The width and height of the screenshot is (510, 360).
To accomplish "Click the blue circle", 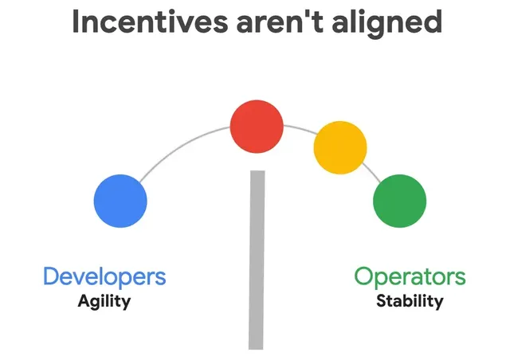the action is pyautogui.click(x=120, y=201).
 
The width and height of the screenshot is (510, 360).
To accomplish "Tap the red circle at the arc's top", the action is pyautogui.click(x=257, y=127).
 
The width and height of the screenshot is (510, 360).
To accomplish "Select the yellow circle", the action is pyautogui.click(x=340, y=147).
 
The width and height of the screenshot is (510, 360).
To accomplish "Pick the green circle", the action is pyautogui.click(x=399, y=201).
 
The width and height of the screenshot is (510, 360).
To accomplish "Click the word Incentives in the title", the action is pyautogui.click(x=150, y=22).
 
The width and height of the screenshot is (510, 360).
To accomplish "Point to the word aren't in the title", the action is pyautogui.click(x=280, y=22).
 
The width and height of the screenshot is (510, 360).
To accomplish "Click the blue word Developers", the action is pyautogui.click(x=104, y=277).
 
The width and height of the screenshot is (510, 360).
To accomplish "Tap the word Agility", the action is pyautogui.click(x=104, y=302).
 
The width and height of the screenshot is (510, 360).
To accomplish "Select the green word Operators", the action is pyautogui.click(x=410, y=277).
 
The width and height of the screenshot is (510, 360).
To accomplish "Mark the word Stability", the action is pyautogui.click(x=410, y=301).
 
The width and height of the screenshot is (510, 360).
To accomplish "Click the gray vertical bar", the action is pyautogui.click(x=257, y=260).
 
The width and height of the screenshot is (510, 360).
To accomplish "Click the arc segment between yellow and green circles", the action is pyautogui.click(x=371, y=172).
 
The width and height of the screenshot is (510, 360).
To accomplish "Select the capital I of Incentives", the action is pyautogui.click(x=76, y=22).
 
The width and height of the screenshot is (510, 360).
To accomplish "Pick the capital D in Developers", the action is pyautogui.click(x=51, y=276).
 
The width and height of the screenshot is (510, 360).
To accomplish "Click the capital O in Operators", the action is pyautogui.click(x=363, y=276).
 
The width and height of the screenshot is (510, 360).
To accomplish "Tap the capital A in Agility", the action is pyautogui.click(x=84, y=300).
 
